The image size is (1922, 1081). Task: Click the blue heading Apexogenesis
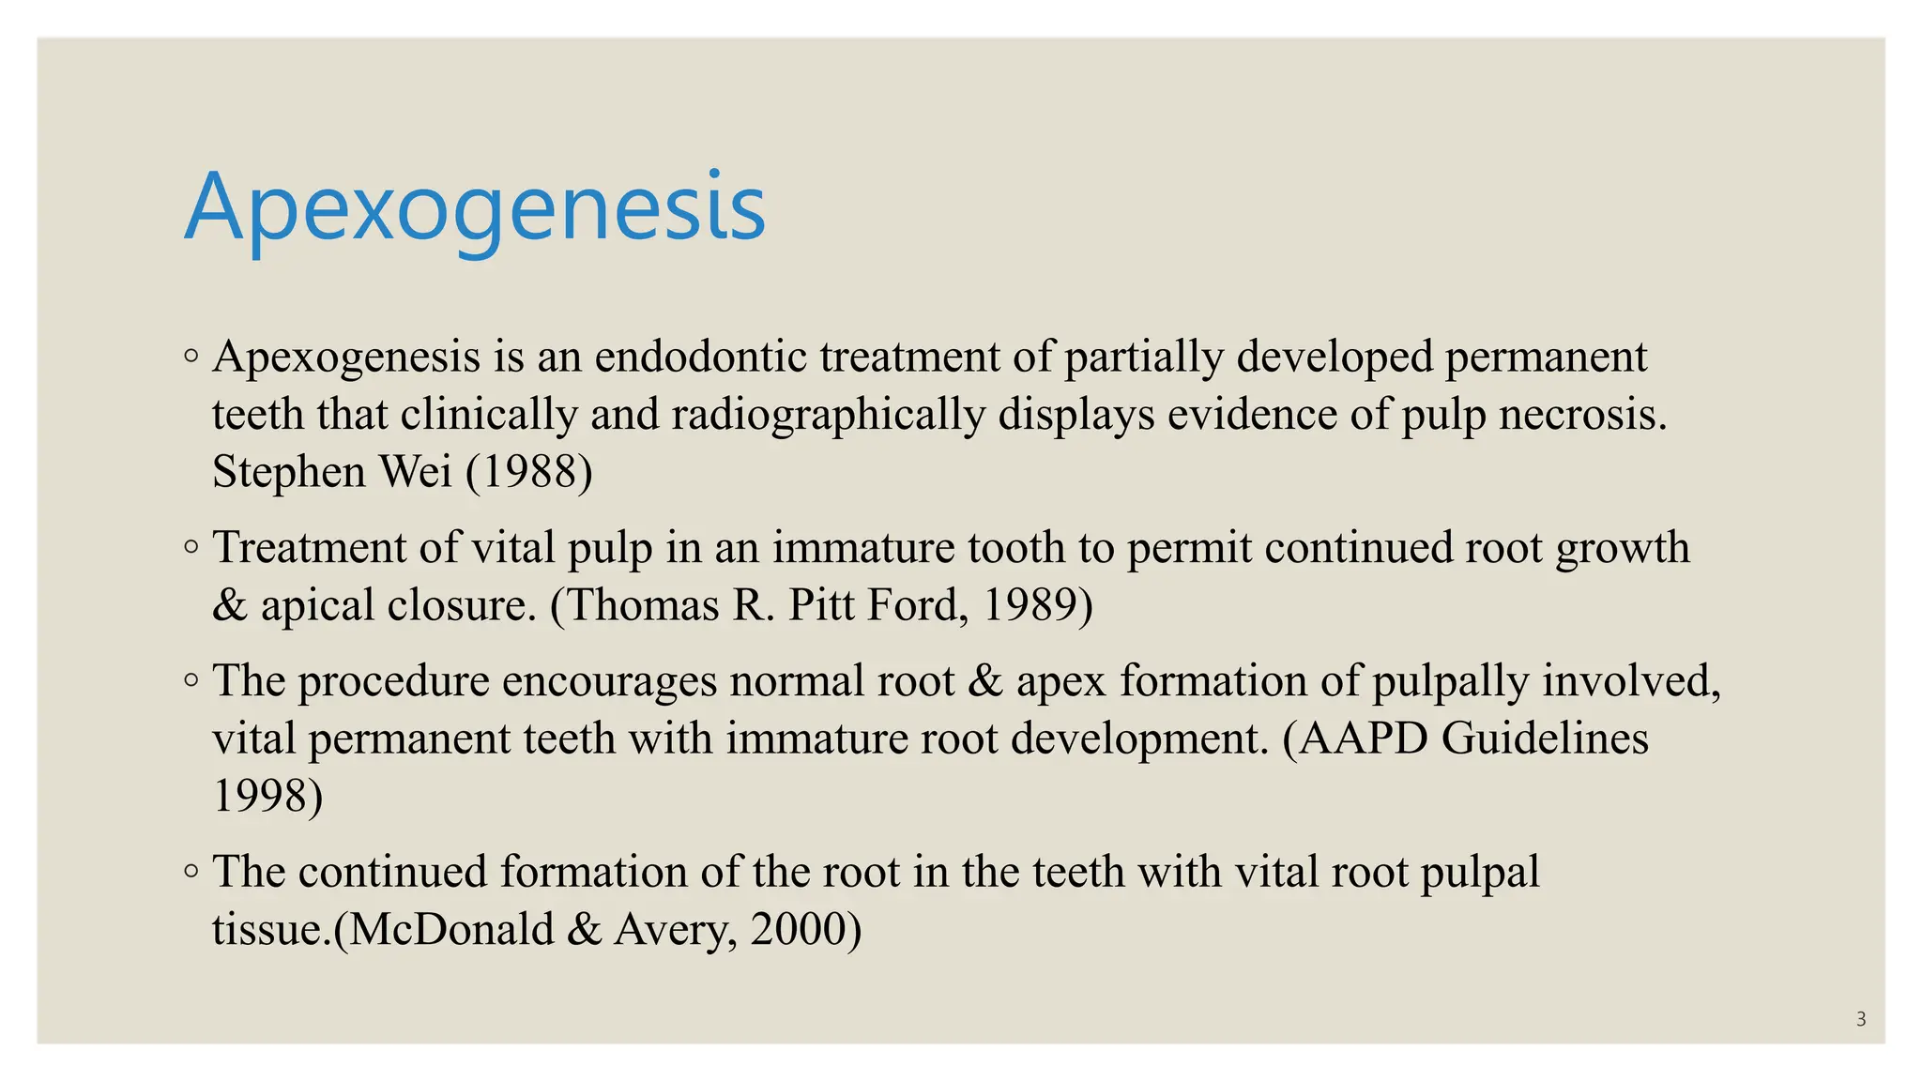tap(475, 208)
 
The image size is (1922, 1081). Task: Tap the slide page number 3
tap(1861, 1019)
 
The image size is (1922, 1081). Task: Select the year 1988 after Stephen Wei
tap(529, 471)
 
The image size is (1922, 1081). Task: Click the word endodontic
tap(700, 357)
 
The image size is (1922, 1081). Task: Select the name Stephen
tap(288, 471)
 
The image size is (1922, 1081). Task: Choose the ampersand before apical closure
tap(229, 604)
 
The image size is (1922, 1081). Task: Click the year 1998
tap(261, 795)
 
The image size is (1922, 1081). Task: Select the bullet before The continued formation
tap(191, 872)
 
